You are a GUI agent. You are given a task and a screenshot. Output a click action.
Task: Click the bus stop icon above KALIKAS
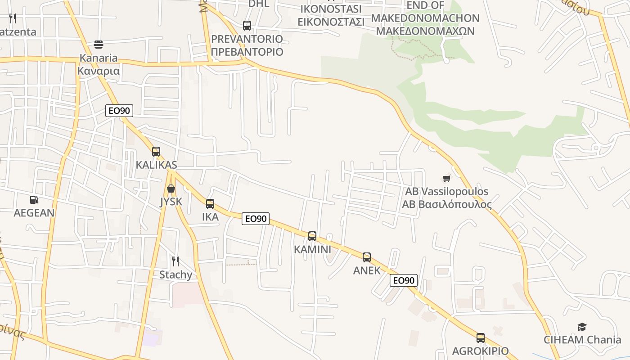[x=156, y=152]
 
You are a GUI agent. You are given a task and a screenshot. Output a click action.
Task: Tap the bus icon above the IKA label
[x=210, y=204]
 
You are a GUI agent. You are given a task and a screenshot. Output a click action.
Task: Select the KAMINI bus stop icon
[x=312, y=236]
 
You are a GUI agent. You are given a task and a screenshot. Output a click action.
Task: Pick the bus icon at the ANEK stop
[x=367, y=257]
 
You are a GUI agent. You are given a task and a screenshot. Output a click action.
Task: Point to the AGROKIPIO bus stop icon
[x=481, y=338]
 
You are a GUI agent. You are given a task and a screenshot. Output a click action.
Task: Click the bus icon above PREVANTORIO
[x=247, y=26]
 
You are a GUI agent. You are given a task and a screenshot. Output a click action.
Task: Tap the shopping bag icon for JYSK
[x=171, y=189]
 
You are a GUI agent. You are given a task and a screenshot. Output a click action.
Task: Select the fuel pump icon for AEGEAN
[x=34, y=200]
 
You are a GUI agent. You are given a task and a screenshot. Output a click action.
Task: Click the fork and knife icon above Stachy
[x=175, y=261]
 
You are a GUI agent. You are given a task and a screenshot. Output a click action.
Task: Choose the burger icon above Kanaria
[x=99, y=45]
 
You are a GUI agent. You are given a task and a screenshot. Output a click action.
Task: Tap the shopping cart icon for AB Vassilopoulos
[x=446, y=179]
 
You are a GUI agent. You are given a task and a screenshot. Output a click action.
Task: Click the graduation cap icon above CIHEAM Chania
[x=582, y=327]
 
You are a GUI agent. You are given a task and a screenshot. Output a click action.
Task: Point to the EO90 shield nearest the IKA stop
[x=256, y=219]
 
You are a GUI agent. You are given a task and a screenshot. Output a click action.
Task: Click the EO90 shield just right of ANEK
[x=404, y=280]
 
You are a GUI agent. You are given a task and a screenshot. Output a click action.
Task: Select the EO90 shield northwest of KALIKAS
[x=119, y=110]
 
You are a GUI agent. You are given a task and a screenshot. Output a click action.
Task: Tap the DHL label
[x=259, y=4]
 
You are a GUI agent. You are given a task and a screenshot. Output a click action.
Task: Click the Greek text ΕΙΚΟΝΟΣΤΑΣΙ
[x=331, y=21]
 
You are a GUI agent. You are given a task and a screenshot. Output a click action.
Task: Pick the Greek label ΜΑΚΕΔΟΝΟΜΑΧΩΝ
[x=425, y=31]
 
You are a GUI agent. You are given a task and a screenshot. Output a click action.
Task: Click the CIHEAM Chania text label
[x=582, y=340]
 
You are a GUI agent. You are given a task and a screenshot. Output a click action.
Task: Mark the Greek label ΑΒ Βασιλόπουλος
[x=447, y=204]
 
